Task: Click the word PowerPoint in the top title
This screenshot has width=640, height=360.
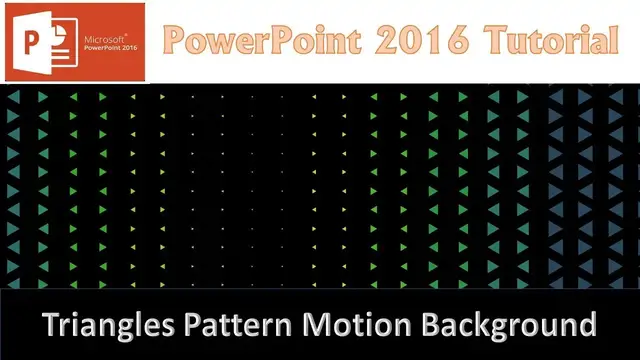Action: (257, 41)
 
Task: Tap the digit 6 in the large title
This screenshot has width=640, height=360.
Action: (459, 41)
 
